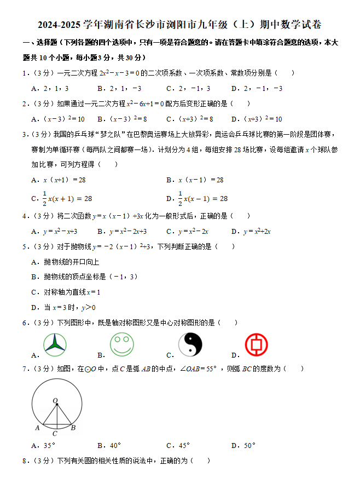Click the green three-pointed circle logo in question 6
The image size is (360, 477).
pyautogui.click(x=55, y=345)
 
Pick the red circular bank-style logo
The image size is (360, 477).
pyautogui.click(x=256, y=344)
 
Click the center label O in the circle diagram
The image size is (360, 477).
pyautogui.click(x=55, y=401)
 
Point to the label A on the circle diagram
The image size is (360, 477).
pyautogui.click(x=37, y=428)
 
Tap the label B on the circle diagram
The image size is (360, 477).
pyautogui.click(x=73, y=428)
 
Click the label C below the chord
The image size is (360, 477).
pyautogui.click(x=55, y=433)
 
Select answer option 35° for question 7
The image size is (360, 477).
pyautogui.click(x=49, y=446)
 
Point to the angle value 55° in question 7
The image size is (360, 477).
pyautogui.click(x=208, y=369)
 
